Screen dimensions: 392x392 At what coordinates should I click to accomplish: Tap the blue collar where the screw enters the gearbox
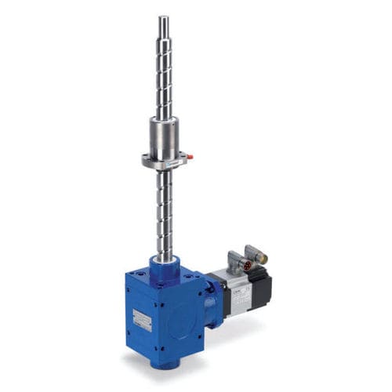(164, 267)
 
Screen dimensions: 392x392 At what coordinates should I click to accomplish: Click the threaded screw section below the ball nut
(164, 212)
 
